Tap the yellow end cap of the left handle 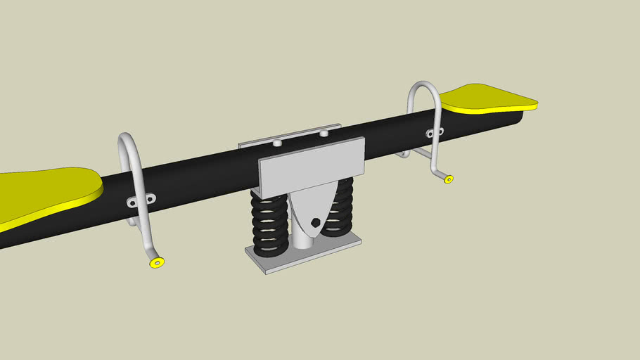point(157,262)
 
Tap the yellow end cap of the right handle point(448,179)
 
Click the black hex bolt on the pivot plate point(314,223)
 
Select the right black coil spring point(342,207)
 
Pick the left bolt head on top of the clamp point(277,143)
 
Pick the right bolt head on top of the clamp point(324,132)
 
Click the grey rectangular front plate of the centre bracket point(312,167)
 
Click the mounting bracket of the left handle point(141,201)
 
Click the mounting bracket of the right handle point(434,133)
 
